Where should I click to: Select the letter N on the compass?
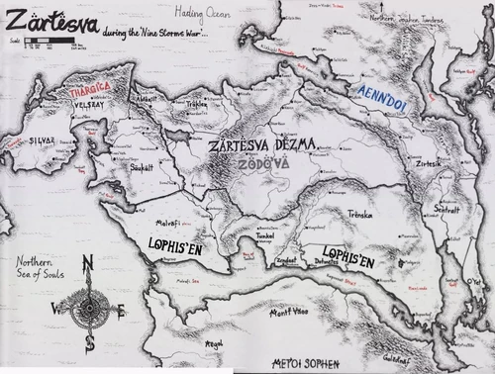[87, 263]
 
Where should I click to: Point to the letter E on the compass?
[123, 310]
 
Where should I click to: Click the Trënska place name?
[359, 213]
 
